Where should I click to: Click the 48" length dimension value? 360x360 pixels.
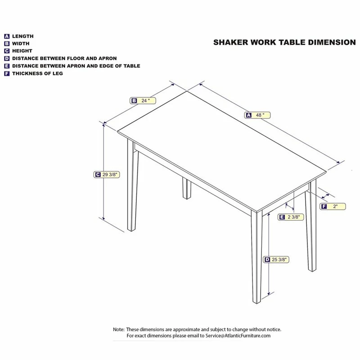coord(261,115)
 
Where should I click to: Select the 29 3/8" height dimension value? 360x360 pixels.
coord(112,174)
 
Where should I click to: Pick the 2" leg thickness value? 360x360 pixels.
coord(336,207)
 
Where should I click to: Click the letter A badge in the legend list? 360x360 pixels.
coord(7,36)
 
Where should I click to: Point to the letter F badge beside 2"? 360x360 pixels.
coord(324,207)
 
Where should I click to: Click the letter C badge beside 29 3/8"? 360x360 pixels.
coord(97,174)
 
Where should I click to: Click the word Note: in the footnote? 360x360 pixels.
coord(118,329)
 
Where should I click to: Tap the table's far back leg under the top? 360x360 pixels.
coord(185,188)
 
